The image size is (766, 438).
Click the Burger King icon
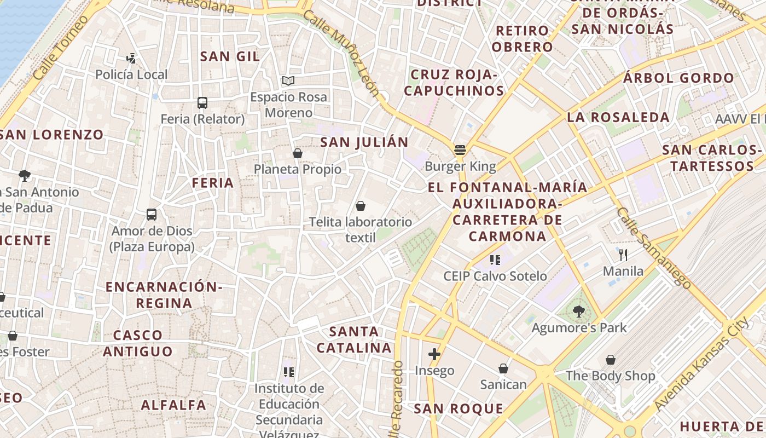[460, 150]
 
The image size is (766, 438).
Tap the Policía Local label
[131, 74]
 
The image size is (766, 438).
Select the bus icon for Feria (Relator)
[202, 102]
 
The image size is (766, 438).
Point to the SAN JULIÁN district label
[364, 142]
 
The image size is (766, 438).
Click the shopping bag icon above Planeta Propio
[298, 153]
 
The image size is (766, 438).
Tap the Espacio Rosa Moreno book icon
[288, 81]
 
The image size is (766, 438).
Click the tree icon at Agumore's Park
[578, 312]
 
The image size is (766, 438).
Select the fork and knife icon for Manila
[623, 255]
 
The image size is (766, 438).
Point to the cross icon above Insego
[434, 354]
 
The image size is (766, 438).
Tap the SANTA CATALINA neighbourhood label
[355, 339]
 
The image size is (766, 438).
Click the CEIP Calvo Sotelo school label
[495, 276]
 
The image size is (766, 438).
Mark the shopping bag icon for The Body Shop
[611, 360]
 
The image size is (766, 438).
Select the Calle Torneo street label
[60, 48]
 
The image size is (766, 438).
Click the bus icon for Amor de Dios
[152, 215]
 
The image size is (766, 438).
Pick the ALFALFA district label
[173, 405]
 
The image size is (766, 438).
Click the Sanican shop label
[503, 384]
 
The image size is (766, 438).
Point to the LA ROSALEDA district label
[618, 117]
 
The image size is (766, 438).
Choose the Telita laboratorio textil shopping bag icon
[361, 206]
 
